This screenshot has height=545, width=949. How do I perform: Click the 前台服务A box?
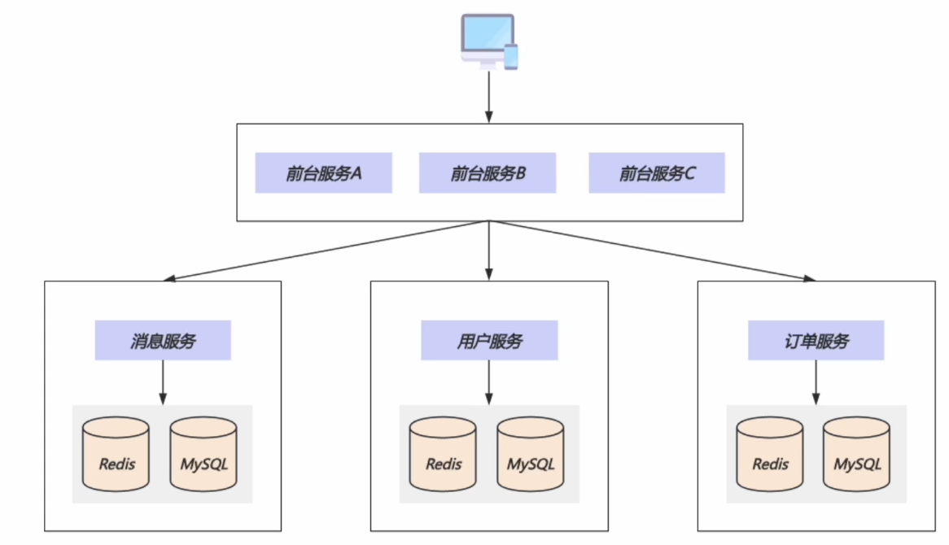(x=323, y=173)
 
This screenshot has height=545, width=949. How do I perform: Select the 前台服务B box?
(x=488, y=173)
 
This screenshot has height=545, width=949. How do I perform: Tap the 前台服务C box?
(x=657, y=173)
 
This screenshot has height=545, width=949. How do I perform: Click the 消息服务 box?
(x=163, y=341)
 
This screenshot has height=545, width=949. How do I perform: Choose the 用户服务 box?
(x=489, y=341)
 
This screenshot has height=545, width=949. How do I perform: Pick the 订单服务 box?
(x=816, y=341)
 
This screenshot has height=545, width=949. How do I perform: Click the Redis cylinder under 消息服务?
(x=116, y=454)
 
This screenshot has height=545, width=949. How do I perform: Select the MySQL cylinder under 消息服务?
(x=203, y=454)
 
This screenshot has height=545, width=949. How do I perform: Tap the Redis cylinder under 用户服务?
(x=443, y=454)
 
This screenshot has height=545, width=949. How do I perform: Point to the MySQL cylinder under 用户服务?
(x=530, y=454)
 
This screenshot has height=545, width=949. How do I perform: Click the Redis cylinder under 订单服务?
(x=770, y=454)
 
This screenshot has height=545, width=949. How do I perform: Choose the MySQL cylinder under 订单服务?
(x=856, y=454)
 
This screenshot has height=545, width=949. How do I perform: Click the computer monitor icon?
(x=488, y=40)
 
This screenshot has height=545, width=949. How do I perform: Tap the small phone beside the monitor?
(x=511, y=57)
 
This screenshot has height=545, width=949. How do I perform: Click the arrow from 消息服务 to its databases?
(x=163, y=383)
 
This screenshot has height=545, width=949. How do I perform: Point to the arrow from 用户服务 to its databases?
(x=489, y=383)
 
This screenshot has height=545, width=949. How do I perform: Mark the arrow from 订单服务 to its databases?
(x=816, y=383)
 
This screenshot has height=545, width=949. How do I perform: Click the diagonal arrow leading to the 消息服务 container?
(x=326, y=251)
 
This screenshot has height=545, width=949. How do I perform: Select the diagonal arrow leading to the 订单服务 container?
(x=653, y=251)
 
